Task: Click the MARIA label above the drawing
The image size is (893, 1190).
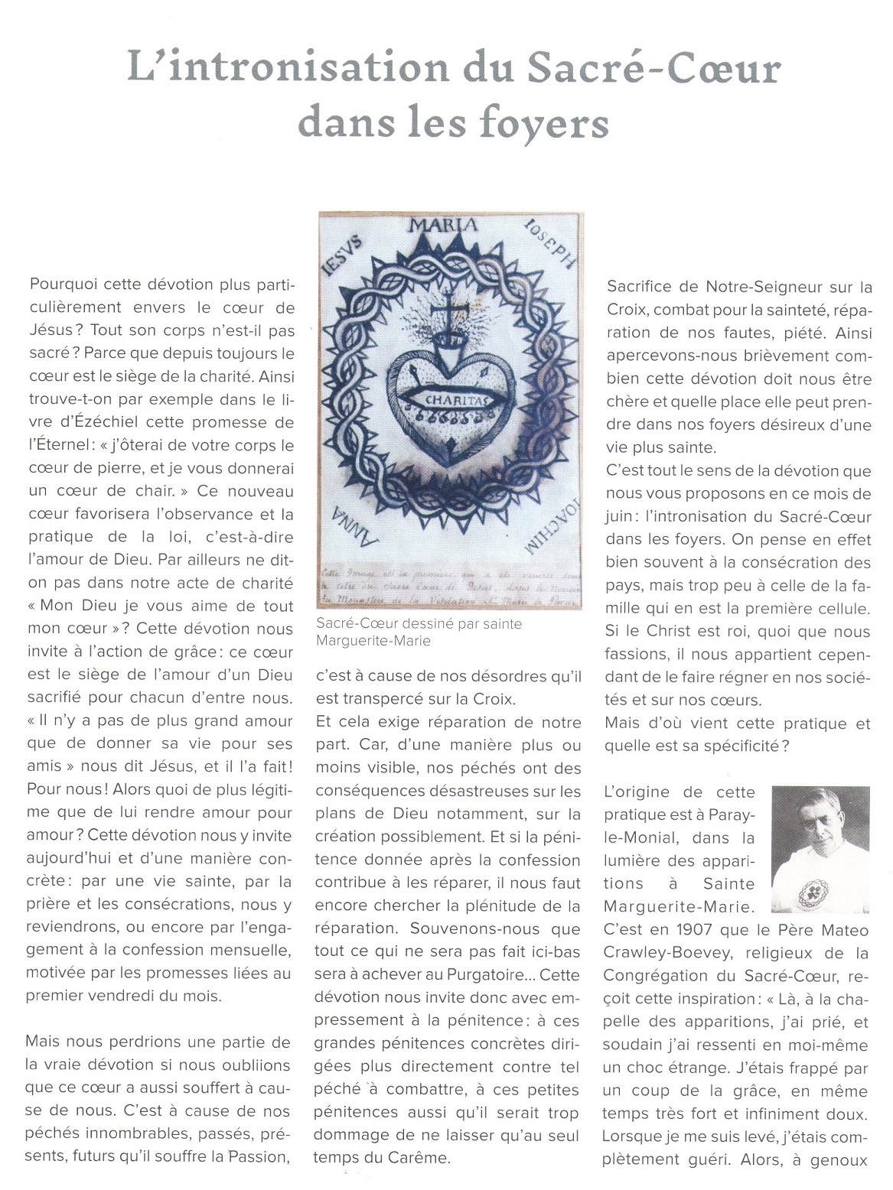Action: click(443, 225)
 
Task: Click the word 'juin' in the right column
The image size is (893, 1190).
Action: click(620, 517)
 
